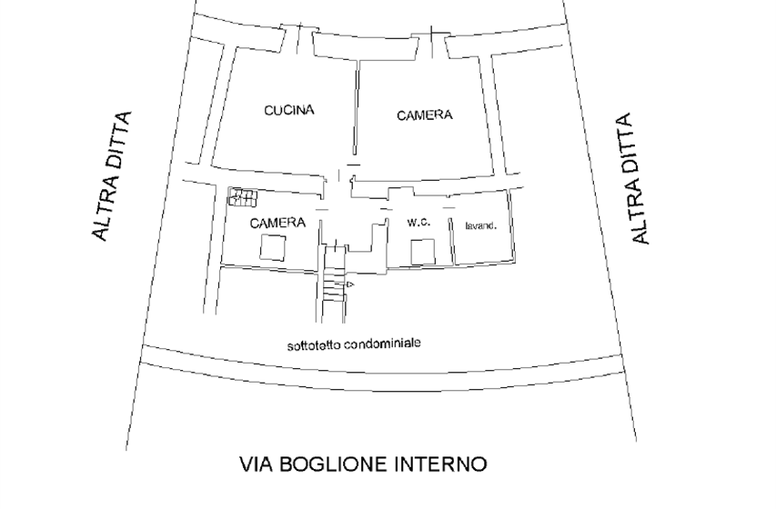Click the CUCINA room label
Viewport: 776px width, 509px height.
point(289,110)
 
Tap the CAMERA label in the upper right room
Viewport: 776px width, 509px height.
point(425,115)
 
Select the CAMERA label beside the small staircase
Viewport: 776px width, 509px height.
point(277,223)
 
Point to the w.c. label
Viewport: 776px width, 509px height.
point(418,223)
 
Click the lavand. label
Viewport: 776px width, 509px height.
point(481,226)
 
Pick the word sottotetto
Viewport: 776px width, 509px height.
point(314,345)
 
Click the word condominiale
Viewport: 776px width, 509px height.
point(382,344)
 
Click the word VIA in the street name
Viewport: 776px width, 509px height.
point(257,464)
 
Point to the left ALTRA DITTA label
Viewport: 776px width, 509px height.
point(112,176)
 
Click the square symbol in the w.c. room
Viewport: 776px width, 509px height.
point(423,252)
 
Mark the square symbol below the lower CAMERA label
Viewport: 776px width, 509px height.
point(273,247)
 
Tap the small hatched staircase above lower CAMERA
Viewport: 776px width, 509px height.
point(243,197)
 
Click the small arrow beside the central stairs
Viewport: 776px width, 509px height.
point(350,284)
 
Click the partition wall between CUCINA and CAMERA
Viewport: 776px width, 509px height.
point(356,107)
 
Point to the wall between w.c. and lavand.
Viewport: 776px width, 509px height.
point(452,242)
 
